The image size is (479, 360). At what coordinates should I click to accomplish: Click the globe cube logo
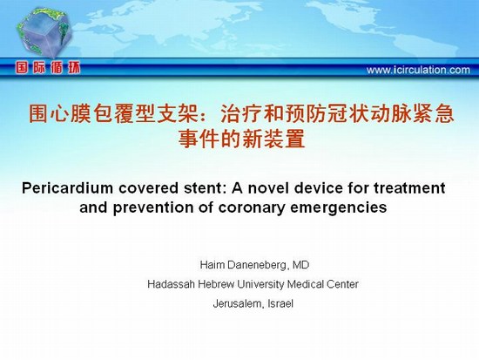pyautogui.click(x=44, y=32)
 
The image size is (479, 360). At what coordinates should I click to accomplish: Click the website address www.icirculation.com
pyautogui.click(x=418, y=70)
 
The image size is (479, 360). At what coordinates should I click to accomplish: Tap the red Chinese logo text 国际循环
pyautogui.click(x=48, y=68)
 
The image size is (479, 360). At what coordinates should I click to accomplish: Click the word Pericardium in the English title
pyautogui.click(x=68, y=187)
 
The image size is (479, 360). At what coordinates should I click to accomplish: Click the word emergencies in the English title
pyautogui.click(x=339, y=208)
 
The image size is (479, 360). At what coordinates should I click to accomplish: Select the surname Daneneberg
pyautogui.click(x=258, y=265)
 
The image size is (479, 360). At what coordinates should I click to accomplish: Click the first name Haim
pyautogui.click(x=212, y=265)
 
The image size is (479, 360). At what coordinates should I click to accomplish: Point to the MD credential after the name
pyautogui.click(x=300, y=265)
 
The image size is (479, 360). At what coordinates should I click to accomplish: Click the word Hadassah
pyautogui.click(x=171, y=284)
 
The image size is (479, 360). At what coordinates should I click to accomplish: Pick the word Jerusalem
pyautogui.click(x=238, y=303)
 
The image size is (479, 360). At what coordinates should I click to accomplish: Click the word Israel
pyautogui.click(x=280, y=303)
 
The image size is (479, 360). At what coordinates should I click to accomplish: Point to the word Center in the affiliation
pyautogui.click(x=342, y=284)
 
